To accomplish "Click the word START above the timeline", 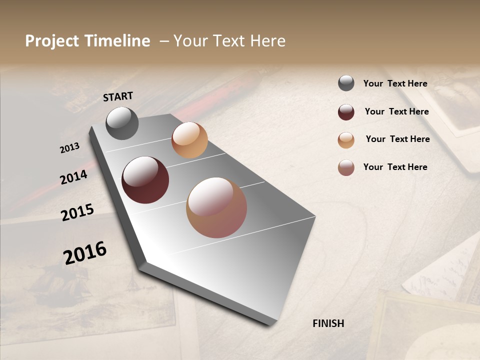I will pyautogui.click(x=118, y=96).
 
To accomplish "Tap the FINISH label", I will pyautogui.click(x=328, y=323).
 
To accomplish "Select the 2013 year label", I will pyautogui.click(x=69, y=148).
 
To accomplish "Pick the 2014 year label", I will pyautogui.click(x=73, y=177).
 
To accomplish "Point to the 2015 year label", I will pyautogui.click(x=77, y=212).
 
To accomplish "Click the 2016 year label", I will pyautogui.click(x=85, y=252).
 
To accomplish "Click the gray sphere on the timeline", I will pyautogui.click(x=122, y=123).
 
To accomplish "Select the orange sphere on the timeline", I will pyautogui.click(x=189, y=140).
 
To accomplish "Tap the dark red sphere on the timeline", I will pyautogui.click(x=145, y=180).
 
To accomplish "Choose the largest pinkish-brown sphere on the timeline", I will pyautogui.click(x=216, y=207).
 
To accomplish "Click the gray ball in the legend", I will pyautogui.click(x=346, y=83).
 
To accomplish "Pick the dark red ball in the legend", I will pyautogui.click(x=346, y=111).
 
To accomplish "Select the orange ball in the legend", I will pyautogui.click(x=346, y=139).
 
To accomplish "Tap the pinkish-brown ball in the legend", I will pyautogui.click(x=346, y=167).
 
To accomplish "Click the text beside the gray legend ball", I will pyautogui.click(x=395, y=83).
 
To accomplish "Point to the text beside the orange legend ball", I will pyautogui.click(x=397, y=139).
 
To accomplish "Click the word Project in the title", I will pyautogui.click(x=52, y=41).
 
